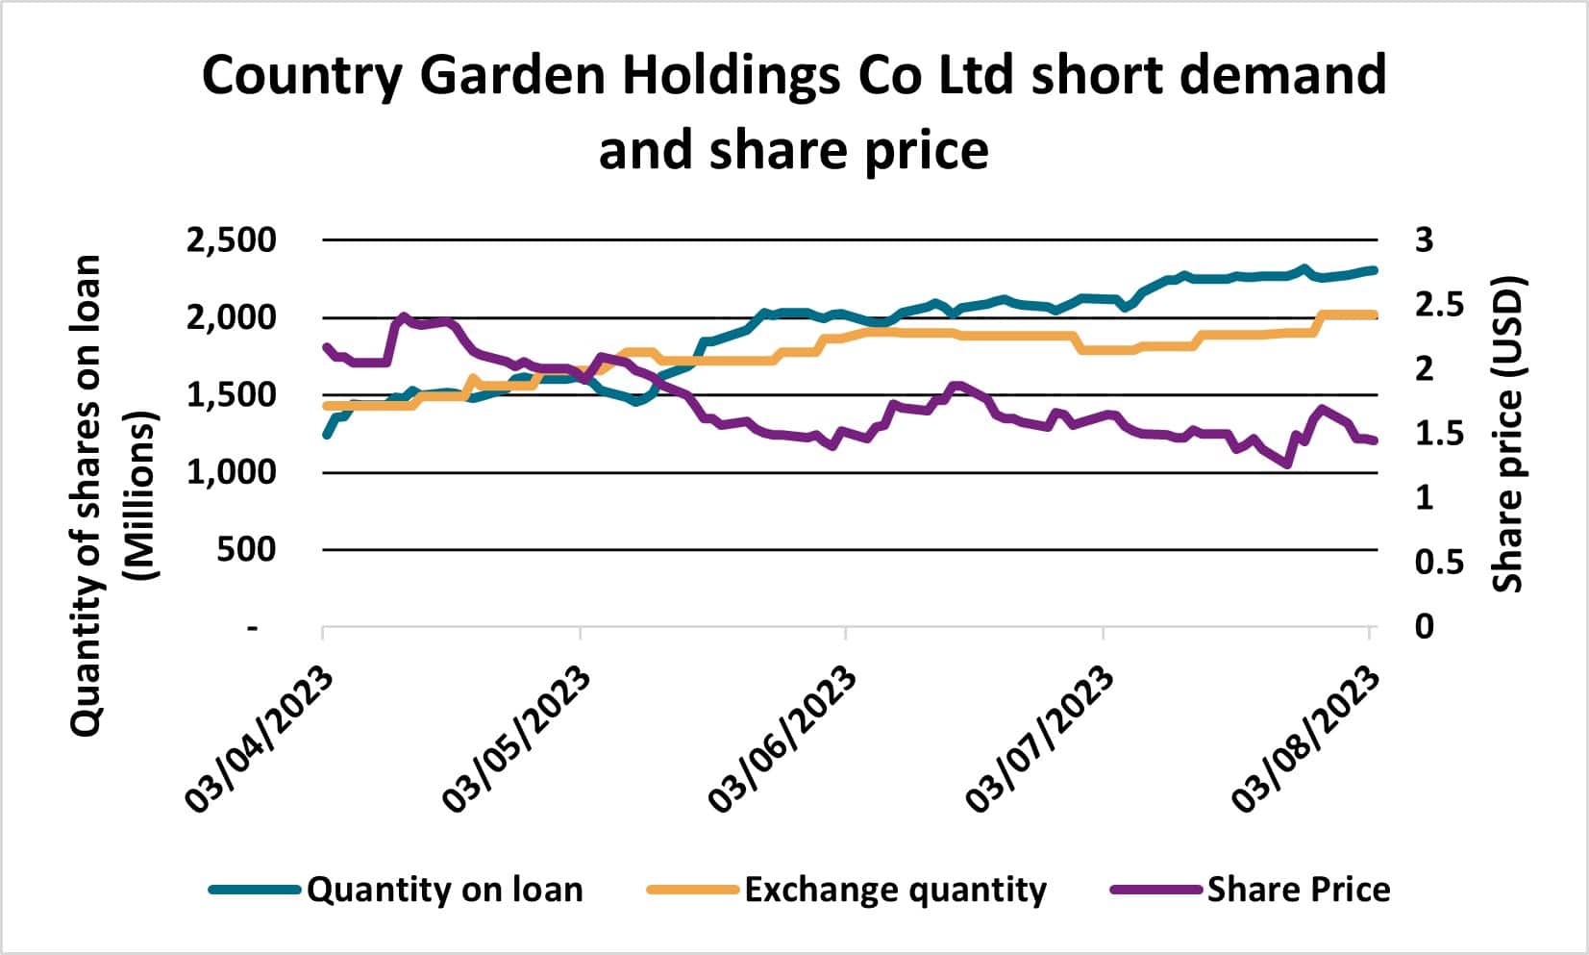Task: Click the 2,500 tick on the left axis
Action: [230, 240]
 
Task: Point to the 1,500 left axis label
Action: [230, 395]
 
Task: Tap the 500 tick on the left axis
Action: [249, 550]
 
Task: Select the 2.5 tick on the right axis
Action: [1436, 305]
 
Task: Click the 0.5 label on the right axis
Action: [1438, 563]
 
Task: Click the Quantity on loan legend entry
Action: [444, 890]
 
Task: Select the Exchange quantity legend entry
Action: [894, 890]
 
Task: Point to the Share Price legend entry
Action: [1298, 890]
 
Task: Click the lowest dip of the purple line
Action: [1285, 464]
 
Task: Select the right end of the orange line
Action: [1375, 314]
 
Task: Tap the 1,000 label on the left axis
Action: [230, 472]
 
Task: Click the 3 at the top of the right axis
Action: [1424, 240]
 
